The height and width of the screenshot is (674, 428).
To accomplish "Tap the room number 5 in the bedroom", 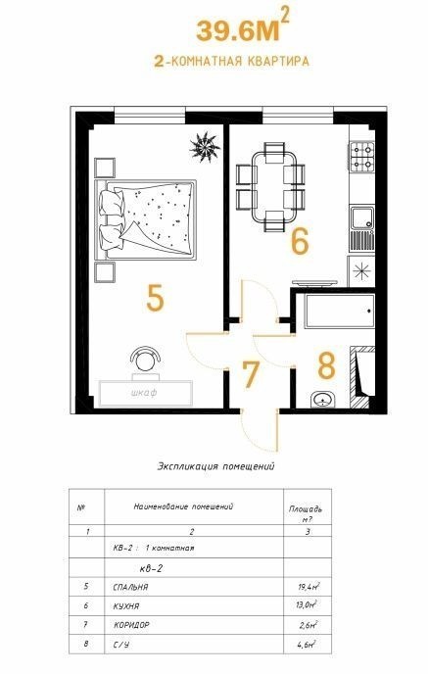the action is [x=155, y=299].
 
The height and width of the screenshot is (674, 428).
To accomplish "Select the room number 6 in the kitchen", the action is [x=300, y=241].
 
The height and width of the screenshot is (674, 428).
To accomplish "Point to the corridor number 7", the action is [x=251, y=375].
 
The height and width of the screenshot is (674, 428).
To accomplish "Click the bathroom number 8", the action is [x=326, y=365].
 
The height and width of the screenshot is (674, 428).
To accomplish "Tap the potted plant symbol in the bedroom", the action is [x=205, y=147].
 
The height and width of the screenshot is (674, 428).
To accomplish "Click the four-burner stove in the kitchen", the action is [x=361, y=156].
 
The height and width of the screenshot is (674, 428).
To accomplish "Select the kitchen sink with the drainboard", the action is [x=361, y=228].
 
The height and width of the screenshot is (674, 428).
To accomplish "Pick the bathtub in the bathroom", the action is [x=340, y=312].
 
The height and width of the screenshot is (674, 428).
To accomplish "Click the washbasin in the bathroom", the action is [x=323, y=400].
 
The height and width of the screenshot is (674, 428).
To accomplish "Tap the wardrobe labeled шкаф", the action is [x=145, y=393].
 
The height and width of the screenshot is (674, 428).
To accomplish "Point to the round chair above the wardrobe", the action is [x=145, y=360].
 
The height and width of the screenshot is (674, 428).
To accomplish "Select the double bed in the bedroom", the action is [x=145, y=219].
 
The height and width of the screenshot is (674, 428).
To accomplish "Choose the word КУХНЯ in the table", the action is [x=126, y=606].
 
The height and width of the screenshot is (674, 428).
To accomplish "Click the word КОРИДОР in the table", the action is [x=131, y=625].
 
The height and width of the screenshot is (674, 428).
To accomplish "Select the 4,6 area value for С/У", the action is [x=308, y=644].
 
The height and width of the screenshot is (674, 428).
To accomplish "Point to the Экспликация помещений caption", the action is [x=215, y=466].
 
